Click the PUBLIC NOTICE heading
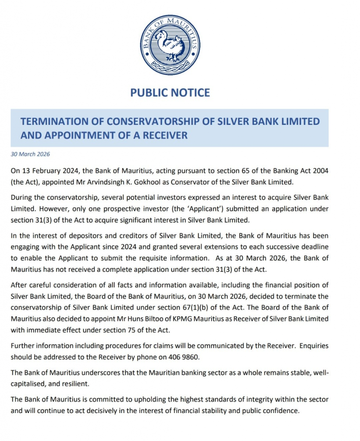(170, 93)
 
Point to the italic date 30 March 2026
(30, 154)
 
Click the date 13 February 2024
(48, 171)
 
